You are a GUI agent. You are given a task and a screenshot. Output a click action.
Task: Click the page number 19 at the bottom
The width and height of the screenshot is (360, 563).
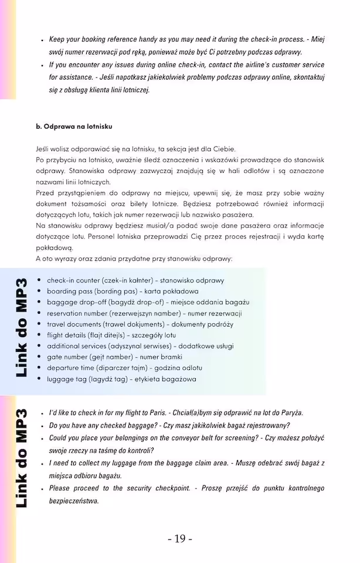click(x=180, y=538)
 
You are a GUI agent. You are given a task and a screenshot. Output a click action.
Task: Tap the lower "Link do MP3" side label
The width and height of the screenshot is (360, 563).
click(x=22, y=458)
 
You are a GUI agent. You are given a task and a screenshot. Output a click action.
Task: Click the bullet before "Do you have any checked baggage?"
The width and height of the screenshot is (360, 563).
click(x=43, y=426)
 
